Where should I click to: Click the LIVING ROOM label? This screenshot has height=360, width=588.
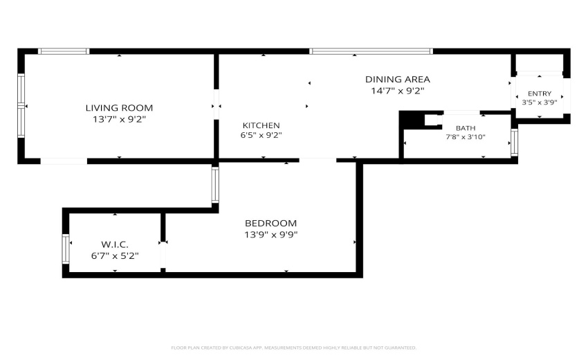pos(119,108)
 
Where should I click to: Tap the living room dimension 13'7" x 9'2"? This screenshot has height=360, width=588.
pos(119,119)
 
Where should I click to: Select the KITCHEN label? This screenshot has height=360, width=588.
pos(261,125)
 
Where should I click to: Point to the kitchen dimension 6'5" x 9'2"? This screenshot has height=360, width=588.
pos(261,135)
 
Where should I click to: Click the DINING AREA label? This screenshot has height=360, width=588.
pos(398,79)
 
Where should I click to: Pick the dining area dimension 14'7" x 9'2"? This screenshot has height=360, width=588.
pos(398,91)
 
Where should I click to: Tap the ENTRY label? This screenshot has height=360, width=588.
pos(540,93)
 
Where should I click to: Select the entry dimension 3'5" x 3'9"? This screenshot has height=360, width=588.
pos(540,102)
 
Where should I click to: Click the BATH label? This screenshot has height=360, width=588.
pos(466,128)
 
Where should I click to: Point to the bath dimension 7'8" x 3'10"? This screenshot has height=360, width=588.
pos(466,137)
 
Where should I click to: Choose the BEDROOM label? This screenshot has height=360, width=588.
pos(270,224)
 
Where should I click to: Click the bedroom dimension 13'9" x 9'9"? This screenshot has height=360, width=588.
pos(270,235)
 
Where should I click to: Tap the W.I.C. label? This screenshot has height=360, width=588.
pos(115,245)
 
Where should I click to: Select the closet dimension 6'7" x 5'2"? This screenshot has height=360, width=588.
pos(115,256)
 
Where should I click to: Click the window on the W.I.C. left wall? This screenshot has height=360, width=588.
pos(66,249)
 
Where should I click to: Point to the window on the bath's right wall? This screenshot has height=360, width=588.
pos(514,143)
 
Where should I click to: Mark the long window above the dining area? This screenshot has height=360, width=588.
pos(371,51)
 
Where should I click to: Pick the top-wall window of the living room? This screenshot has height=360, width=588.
pos(64,51)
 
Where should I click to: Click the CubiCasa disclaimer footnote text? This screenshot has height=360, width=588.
pos(293,348)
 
